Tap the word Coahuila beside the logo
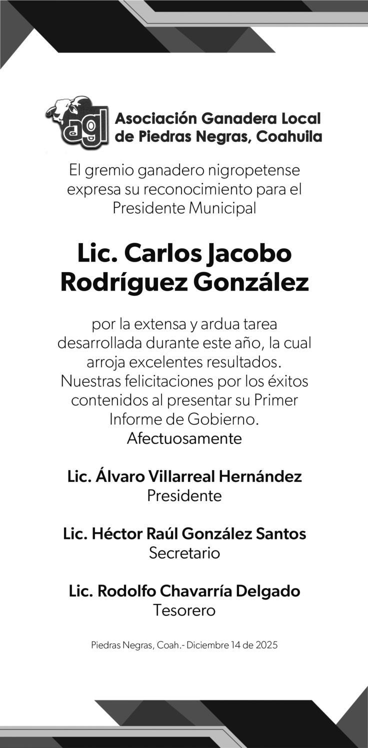click(x=289, y=136)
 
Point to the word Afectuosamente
click(x=184, y=438)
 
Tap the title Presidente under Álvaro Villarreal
click(x=184, y=495)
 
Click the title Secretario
click(x=184, y=553)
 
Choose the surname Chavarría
click(x=195, y=591)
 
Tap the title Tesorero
click(x=184, y=610)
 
